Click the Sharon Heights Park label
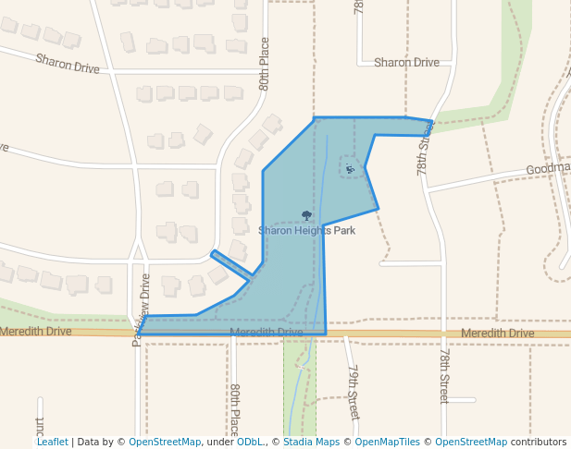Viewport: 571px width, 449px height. tap(306, 231)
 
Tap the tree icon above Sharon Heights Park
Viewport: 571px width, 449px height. tap(306, 215)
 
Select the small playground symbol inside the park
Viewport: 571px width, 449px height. tap(349, 168)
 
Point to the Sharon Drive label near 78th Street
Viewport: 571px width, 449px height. tap(405, 63)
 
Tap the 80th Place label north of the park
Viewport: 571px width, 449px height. tap(265, 64)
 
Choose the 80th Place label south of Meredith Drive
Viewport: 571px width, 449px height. tap(235, 409)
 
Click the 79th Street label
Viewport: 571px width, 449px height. tap(353, 393)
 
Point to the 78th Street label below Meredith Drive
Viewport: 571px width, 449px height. tap(444, 376)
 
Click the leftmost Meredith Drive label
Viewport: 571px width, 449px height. tap(36, 331)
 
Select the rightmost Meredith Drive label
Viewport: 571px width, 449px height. tap(497, 333)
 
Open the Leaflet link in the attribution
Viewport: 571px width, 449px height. tap(52, 443)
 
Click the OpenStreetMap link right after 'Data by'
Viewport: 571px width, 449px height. tap(165, 443)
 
